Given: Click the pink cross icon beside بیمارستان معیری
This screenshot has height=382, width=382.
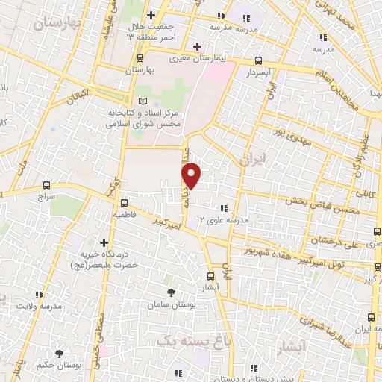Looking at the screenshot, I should pyautogui.click(x=197, y=47).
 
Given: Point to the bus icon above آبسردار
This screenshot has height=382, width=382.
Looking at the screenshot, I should pyautogui.click(x=258, y=62).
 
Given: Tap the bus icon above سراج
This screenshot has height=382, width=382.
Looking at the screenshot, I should pyautogui.click(x=47, y=185).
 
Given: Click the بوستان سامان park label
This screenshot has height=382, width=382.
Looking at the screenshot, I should pyautogui.click(x=172, y=307).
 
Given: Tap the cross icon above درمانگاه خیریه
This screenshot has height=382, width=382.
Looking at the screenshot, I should pyautogui.click(x=104, y=243).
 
